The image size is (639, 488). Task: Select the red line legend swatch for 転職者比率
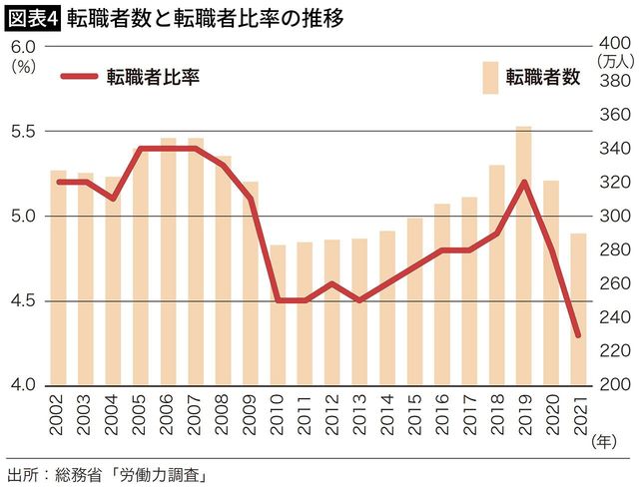click(79, 77)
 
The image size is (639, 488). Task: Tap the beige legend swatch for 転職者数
click(489, 77)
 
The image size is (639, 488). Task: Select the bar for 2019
click(523, 255)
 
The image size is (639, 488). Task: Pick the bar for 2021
click(578, 308)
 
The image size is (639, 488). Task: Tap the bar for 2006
click(169, 261)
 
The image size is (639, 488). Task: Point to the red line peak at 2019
click(523, 182)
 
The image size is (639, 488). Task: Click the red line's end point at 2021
click(578, 334)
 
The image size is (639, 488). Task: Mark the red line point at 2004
click(113, 199)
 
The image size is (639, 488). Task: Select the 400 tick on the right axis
click(612, 45)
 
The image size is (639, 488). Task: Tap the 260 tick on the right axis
click(612, 283)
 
